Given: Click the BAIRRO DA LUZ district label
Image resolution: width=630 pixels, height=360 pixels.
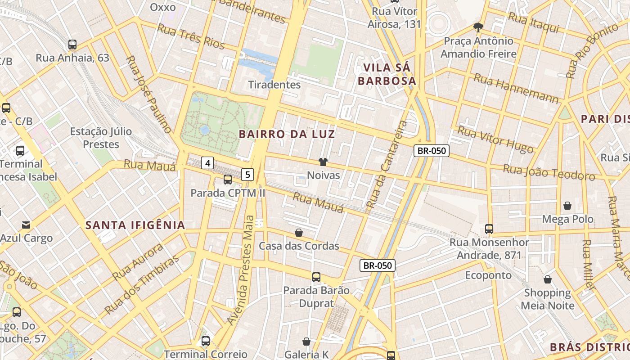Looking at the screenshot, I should pyautogui.click(x=287, y=134).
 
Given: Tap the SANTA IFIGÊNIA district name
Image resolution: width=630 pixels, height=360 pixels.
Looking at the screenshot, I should pyautogui.click(x=135, y=225).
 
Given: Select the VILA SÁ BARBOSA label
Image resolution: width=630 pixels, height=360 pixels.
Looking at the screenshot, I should pyautogui.click(x=389, y=74).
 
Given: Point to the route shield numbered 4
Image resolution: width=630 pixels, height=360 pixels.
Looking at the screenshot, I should pyautogui.click(x=207, y=163).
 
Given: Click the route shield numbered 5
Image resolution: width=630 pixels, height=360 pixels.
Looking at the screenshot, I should pyautogui.click(x=247, y=174).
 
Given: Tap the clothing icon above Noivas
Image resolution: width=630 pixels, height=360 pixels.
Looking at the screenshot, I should pyautogui.click(x=323, y=162).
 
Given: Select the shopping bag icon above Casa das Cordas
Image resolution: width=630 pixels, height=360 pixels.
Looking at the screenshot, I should pyautogui.click(x=298, y=233).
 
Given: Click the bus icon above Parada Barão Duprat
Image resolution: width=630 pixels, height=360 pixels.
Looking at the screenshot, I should pyautogui.click(x=316, y=277).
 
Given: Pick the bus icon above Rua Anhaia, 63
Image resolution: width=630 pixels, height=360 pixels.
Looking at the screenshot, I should pyautogui.click(x=72, y=45).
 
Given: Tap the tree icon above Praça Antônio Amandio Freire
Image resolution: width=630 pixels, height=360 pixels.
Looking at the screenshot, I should pyautogui.click(x=478, y=27).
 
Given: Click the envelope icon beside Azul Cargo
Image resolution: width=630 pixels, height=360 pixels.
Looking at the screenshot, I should pyautogui.click(x=26, y=225).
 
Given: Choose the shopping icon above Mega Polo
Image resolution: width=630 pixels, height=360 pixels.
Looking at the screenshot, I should pyautogui.click(x=567, y=206).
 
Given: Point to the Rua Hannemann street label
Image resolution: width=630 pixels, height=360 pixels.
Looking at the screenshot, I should pyautogui.click(x=516, y=88).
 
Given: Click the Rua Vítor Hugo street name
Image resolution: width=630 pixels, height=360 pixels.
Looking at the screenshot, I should pyautogui.click(x=495, y=139).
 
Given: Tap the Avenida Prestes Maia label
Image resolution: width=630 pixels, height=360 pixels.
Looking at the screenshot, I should pyautogui.click(x=241, y=270).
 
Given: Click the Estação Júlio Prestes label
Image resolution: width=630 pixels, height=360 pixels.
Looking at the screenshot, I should pyautogui.click(x=101, y=138).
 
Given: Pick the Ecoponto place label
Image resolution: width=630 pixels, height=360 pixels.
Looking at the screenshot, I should pyautogui.click(x=488, y=275).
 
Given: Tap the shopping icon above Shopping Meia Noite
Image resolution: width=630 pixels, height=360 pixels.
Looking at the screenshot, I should pyautogui.click(x=548, y=279).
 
